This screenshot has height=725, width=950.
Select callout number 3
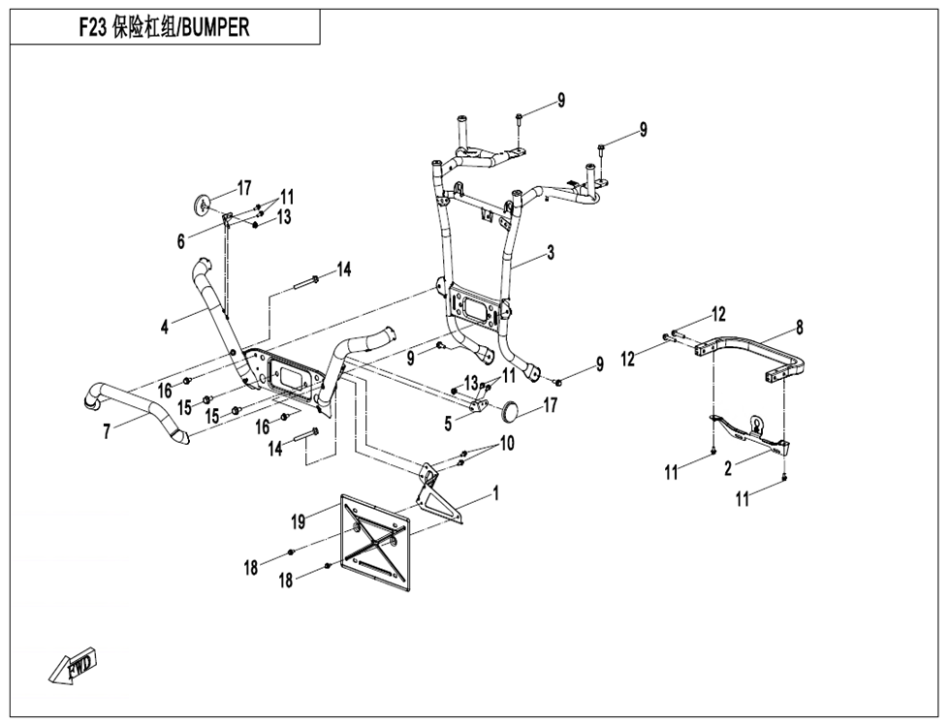[x=550, y=253]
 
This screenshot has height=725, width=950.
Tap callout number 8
[x=800, y=327]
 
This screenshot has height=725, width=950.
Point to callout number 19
[x=299, y=521]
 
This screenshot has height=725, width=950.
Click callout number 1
[x=495, y=494]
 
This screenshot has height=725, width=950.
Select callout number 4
[x=166, y=328]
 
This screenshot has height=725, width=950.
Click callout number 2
[x=727, y=466]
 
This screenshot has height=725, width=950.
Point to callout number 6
[x=181, y=241]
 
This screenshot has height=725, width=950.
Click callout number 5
[x=449, y=423]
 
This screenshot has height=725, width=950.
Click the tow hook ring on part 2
[x=756, y=422]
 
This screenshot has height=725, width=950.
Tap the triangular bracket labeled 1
[x=434, y=495]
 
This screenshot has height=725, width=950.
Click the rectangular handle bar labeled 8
[x=766, y=354]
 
